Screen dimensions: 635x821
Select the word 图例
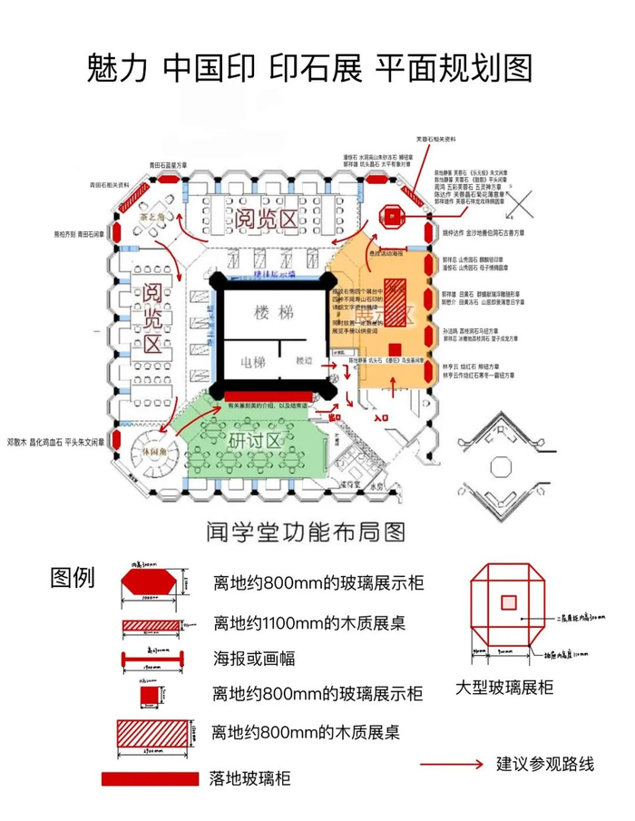tap(73, 578)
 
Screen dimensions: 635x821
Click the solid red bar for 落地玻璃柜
tap(151, 778)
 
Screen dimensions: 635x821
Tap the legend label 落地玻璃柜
tap(250, 778)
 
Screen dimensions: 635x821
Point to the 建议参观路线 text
tap(545, 763)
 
